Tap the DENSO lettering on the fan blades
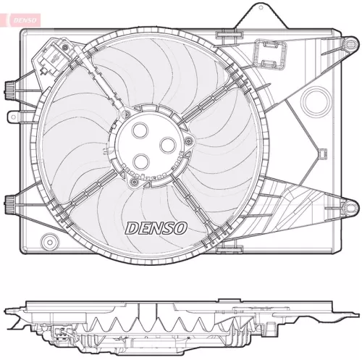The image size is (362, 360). coord(156,227)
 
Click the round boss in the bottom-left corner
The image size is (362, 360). coord(49,240)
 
